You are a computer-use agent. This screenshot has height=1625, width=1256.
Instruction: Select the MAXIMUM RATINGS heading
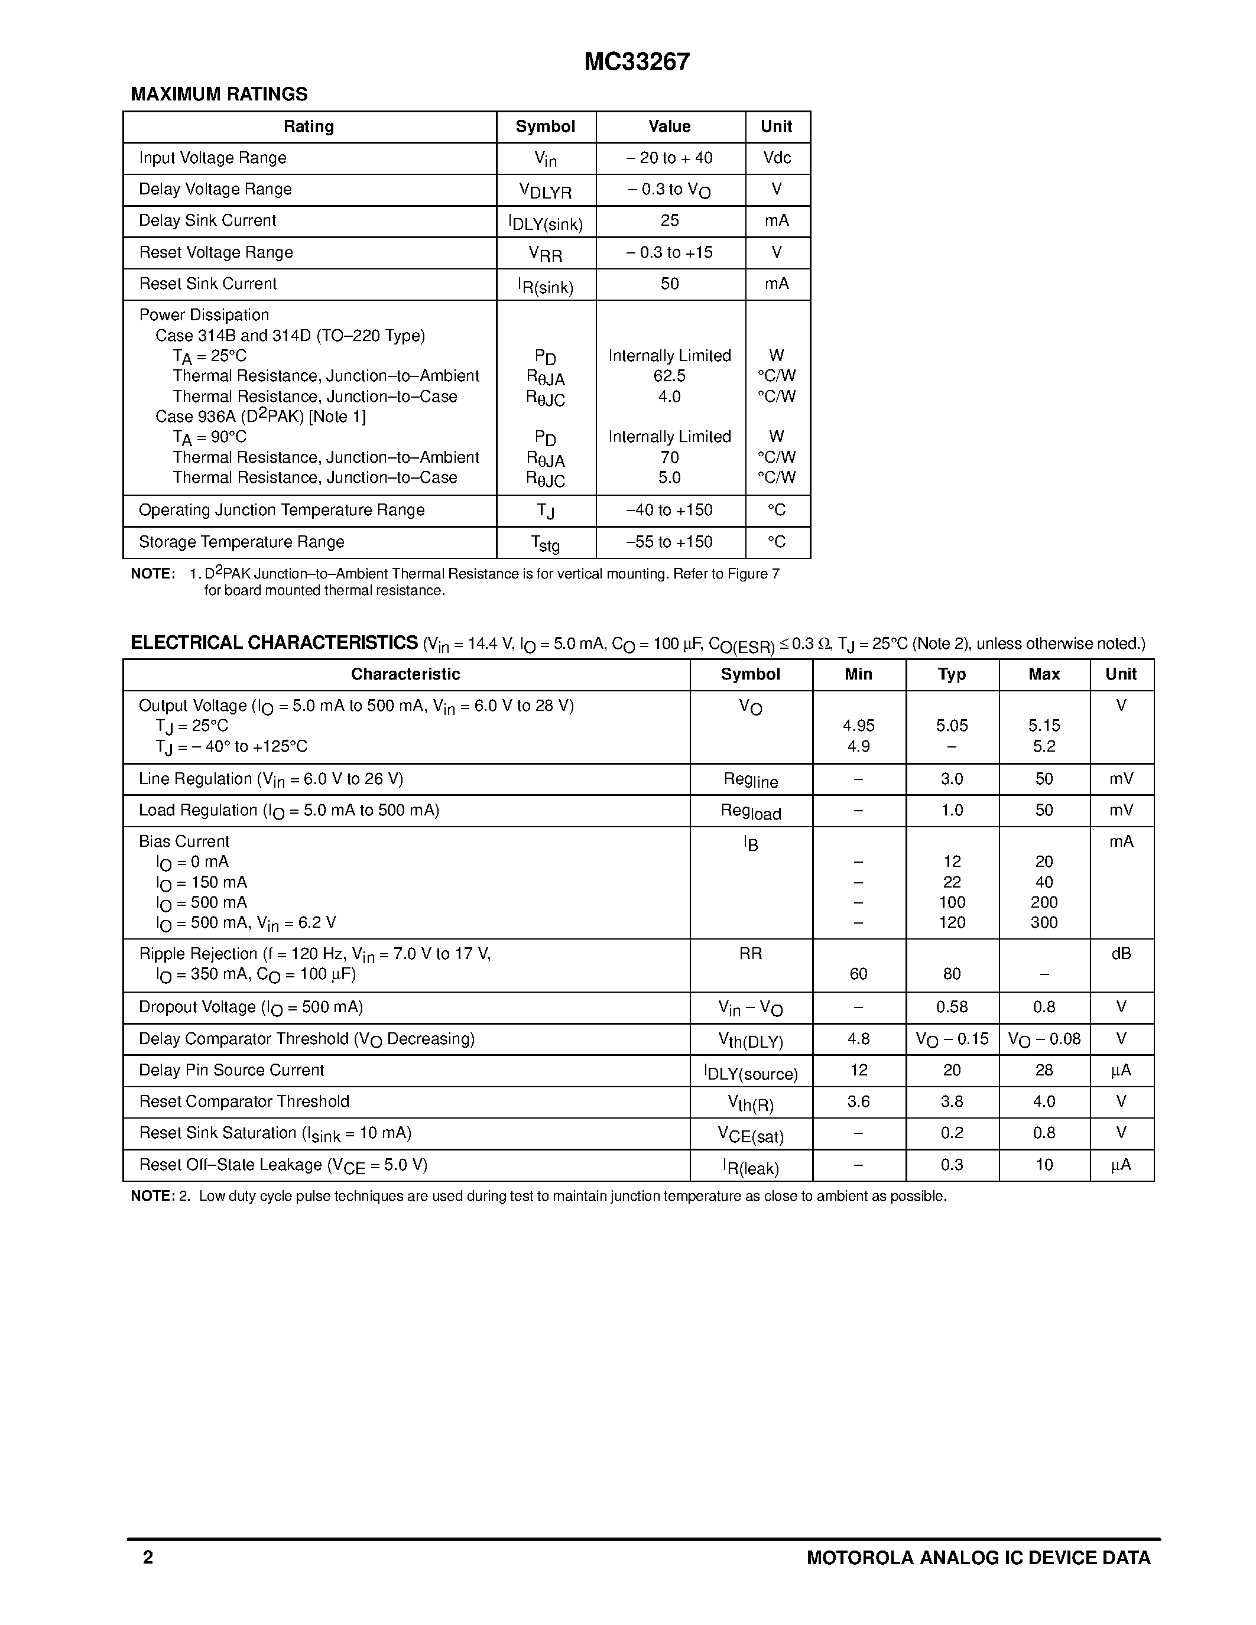[219, 95]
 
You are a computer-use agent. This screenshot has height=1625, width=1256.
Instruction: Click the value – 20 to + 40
[669, 158]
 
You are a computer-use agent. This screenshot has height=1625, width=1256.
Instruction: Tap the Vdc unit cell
[776, 158]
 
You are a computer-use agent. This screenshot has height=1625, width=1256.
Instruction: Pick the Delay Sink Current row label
[207, 220]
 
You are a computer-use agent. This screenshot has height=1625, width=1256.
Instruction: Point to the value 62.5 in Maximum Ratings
[669, 376]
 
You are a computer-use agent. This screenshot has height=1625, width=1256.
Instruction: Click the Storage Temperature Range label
[241, 542]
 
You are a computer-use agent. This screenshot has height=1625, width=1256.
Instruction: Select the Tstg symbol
[545, 544]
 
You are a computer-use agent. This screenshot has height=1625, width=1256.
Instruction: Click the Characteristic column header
[405, 674]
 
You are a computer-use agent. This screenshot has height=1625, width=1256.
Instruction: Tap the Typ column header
[951, 674]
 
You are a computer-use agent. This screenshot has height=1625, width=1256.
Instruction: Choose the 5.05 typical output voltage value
[951, 726]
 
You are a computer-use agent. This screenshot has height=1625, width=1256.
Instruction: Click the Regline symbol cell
[750, 781]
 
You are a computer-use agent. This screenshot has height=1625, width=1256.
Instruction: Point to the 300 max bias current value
[1043, 922]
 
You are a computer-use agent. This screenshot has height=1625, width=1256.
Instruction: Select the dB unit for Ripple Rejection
[1121, 954]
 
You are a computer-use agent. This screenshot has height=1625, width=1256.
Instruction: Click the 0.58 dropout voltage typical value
[951, 1007]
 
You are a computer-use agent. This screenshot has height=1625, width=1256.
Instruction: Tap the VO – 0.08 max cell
[1043, 1039]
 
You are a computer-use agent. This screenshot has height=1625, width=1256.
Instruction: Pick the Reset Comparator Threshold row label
[244, 1101]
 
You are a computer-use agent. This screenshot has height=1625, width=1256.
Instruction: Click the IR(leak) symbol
[750, 1166]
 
